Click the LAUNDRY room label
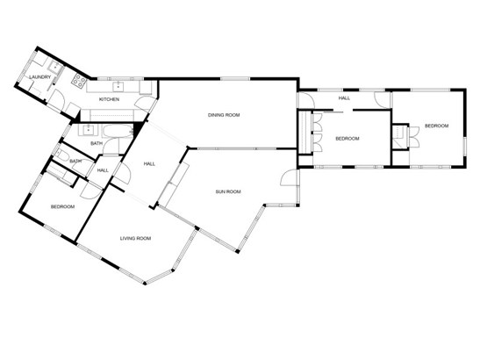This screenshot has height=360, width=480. click(39, 77)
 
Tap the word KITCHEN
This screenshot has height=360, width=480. click(110, 99)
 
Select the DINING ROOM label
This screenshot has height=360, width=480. click(224, 115)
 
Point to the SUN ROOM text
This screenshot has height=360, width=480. click(228, 191)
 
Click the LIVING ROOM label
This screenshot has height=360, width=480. click(135, 238)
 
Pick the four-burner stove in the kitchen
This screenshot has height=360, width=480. click(79, 80)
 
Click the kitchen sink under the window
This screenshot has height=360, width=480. click(118, 86)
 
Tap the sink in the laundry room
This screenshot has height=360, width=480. click(55, 67)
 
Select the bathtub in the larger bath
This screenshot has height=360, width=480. click(118, 131)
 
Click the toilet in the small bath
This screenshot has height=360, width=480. click(62, 156)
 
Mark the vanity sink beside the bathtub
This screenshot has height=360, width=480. click(89, 130)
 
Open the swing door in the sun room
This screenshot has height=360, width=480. click(289, 177)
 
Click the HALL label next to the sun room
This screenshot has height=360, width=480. click(149, 164)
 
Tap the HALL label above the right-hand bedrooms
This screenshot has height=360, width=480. click(344, 98)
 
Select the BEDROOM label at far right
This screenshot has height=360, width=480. click(436, 126)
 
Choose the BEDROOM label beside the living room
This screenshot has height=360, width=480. click(62, 207)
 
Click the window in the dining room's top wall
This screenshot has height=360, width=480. click(235, 79)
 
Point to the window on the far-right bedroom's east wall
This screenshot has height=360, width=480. click(464, 148)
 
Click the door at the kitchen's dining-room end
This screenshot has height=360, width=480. click(146, 104)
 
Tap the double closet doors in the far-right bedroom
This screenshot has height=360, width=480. click(414, 136)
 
